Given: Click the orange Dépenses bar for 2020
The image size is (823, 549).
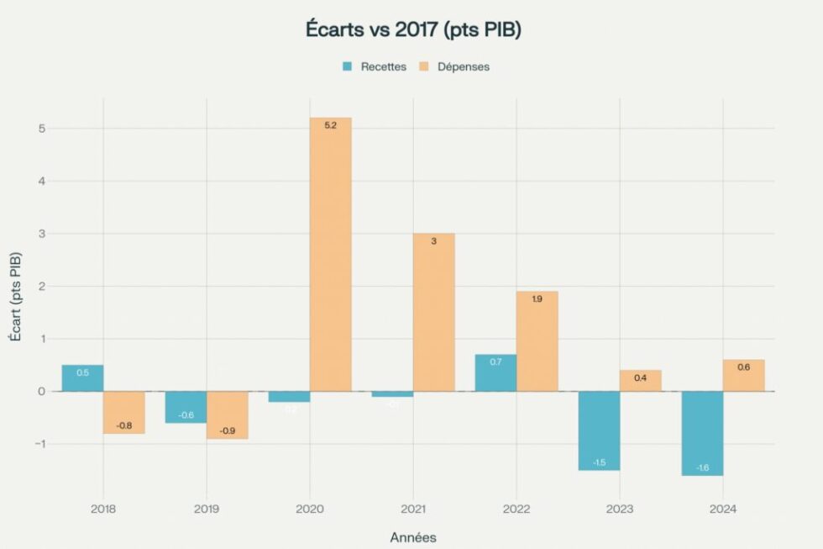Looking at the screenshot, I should [x=330, y=254].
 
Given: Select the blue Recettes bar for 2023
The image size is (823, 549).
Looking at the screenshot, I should [x=599, y=430].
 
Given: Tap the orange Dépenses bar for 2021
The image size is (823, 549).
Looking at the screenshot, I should [x=433, y=312].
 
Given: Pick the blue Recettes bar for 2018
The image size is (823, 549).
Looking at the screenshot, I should [x=82, y=377].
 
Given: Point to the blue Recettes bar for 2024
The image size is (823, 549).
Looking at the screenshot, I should [x=702, y=433].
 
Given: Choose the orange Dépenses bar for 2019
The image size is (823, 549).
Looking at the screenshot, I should [x=227, y=414].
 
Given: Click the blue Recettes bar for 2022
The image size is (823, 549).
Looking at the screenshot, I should [x=495, y=372].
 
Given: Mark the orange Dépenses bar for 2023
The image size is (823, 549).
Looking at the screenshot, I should [x=640, y=380].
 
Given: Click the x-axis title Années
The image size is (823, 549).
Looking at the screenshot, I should [x=413, y=537].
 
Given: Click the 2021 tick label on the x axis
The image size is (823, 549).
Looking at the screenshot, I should [x=413, y=509].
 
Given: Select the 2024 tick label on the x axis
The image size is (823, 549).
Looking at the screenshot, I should [x=723, y=509].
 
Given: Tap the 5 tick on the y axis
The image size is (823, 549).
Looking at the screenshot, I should [x=40, y=129].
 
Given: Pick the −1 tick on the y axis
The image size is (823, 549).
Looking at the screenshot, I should [x=39, y=444].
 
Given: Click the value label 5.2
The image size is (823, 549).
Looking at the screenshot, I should [x=330, y=125].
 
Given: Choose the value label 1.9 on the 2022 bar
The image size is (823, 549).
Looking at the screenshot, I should [x=537, y=299].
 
